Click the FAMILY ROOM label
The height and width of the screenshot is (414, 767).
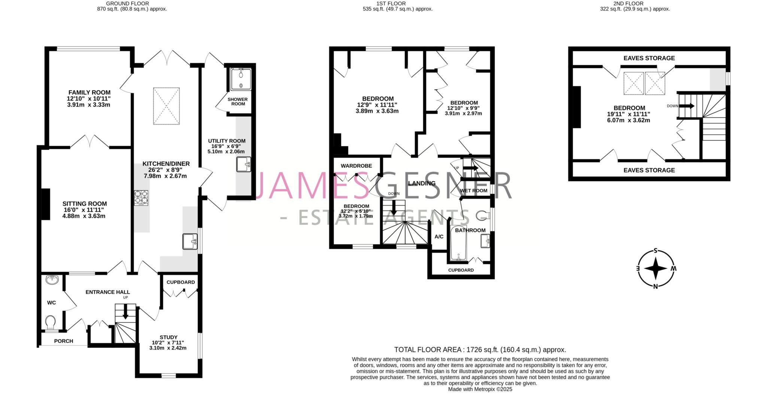pos(89,93)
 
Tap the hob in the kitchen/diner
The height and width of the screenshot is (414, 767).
pos(141,198)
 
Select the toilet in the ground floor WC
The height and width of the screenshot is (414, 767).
pos(51,322)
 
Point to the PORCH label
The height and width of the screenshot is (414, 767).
pos(64,341)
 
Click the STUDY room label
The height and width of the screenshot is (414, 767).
pos(169,337)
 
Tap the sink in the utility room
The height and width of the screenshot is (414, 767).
pos(243,164)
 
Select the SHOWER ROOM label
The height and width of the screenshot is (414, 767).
pos(238,101)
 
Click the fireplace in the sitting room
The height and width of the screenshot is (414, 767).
pos(46,204)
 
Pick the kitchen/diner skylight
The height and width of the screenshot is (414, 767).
pos(166,106)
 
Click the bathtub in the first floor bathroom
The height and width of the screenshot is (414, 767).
pos(458,244)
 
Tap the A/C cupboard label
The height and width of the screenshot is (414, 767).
pos(439,237)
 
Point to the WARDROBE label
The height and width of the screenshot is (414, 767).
pos(356,166)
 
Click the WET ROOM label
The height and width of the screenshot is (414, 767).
pos(474,190)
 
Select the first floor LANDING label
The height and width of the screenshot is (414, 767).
pos(422,183)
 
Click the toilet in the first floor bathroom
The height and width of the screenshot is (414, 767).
pos(483,216)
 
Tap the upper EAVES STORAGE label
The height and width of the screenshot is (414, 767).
pos(649,58)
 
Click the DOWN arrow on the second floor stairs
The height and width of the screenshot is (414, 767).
pos(686,106)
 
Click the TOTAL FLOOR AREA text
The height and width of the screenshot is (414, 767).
pos(480,350)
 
